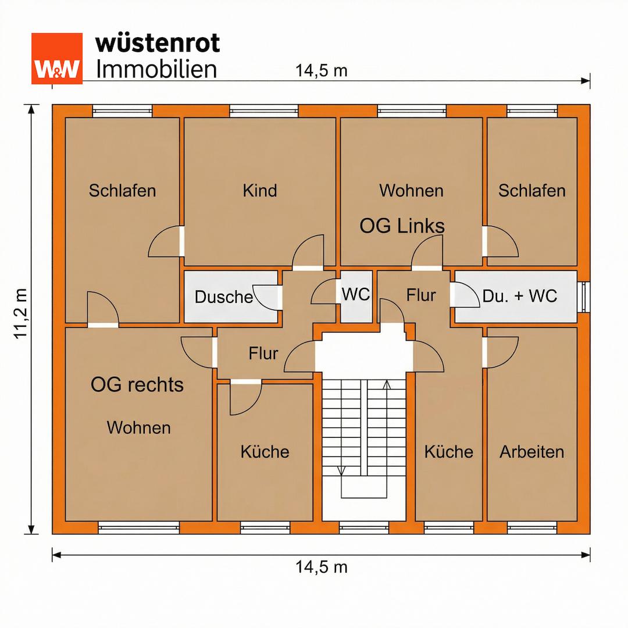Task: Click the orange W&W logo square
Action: (57, 59)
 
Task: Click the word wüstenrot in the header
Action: (158, 43)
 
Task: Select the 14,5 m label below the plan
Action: (321, 567)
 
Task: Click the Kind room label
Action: (259, 190)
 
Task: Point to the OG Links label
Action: (402, 226)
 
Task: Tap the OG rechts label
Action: (137, 384)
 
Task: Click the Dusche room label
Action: (223, 297)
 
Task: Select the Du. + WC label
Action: (519, 296)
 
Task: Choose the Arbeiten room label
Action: (532, 452)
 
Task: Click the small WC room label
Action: (356, 294)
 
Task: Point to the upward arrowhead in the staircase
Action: (387, 384)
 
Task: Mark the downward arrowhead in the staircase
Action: (341, 470)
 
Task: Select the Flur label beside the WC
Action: (420, 295)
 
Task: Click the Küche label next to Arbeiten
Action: (448, 452)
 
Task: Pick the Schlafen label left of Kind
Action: (122, 191)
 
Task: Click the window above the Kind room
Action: (264, 111)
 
